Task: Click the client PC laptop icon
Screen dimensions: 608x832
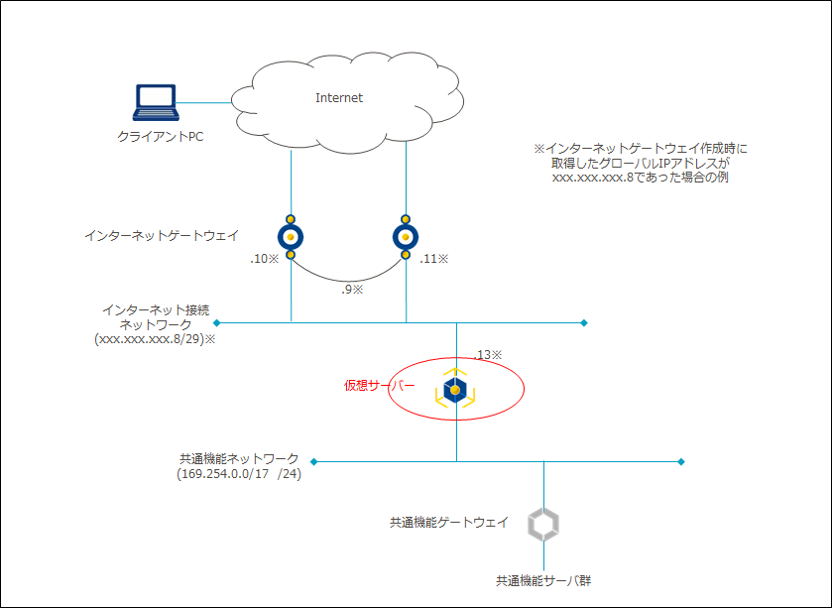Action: pos(155,102)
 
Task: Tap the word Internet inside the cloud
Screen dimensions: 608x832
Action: pos(339,98)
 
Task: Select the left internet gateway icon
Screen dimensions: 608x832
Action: pos(291,237)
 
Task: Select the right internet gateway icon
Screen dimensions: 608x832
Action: pos(406,237)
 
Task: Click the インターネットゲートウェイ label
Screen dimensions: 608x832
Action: pos(162,235)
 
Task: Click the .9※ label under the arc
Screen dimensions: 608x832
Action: pos(352,290)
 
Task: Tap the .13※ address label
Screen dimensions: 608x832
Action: pos(489,354)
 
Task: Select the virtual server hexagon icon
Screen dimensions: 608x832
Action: pos(455,391)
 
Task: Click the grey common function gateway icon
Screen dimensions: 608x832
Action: pos(542,524)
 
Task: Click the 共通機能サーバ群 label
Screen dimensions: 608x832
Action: pos(543,580)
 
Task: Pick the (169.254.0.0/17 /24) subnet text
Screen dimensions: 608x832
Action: pos(238,474)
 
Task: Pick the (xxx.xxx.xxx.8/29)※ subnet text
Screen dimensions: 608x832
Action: pos(155,338)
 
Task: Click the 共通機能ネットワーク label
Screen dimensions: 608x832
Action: pos(239,459)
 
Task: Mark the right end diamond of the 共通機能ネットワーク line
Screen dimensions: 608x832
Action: pos(681,462)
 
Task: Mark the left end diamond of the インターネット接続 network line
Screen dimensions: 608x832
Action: pos(216,322)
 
